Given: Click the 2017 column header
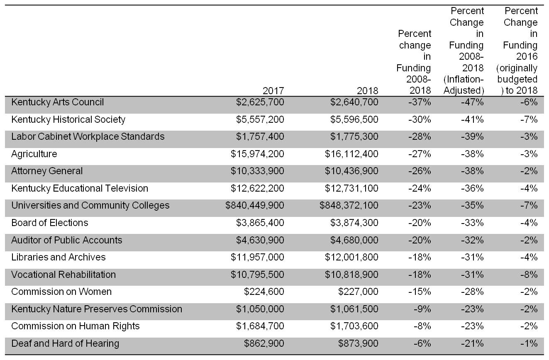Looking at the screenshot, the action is pos(273,91).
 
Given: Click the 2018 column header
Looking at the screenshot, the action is pos(367,91).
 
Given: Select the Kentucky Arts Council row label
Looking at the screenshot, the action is pos(57,102).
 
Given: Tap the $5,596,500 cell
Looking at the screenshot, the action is pos(354,119).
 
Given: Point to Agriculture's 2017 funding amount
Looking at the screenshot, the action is pos(257,154).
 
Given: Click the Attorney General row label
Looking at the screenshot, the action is pos(47,171).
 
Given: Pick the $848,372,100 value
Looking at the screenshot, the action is pos(349,205).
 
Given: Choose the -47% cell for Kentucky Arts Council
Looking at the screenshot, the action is pos(472,102).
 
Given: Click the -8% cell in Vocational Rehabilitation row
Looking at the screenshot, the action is pos(529,275).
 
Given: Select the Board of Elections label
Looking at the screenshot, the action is pos(49,223).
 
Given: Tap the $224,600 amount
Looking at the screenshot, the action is pos(264,292).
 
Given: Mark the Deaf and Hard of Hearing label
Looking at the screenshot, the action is pos(65,343).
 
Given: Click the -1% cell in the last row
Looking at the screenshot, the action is pos(529,343).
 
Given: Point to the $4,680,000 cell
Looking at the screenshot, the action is pos(354,240).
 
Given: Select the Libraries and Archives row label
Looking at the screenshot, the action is pos(59,257).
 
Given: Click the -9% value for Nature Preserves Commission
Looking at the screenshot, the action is pos(422,309).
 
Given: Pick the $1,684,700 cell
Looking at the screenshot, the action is pos(260,326).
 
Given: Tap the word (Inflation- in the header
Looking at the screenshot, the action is pos(464,79).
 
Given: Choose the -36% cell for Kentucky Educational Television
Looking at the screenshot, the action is pos(472,188).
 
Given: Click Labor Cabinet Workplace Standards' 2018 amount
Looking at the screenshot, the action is pos(354,136).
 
